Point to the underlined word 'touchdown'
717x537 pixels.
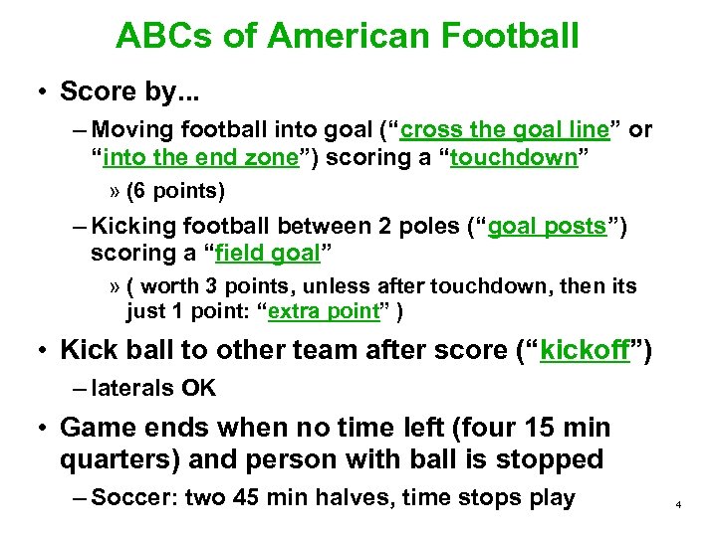point(513,157)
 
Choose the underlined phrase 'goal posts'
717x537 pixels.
point(546,226)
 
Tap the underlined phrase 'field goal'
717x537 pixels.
point(264,254)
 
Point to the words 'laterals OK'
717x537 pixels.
point(152,388)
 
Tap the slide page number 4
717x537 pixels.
point(677,505)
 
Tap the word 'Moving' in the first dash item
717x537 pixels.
point(130,129)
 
